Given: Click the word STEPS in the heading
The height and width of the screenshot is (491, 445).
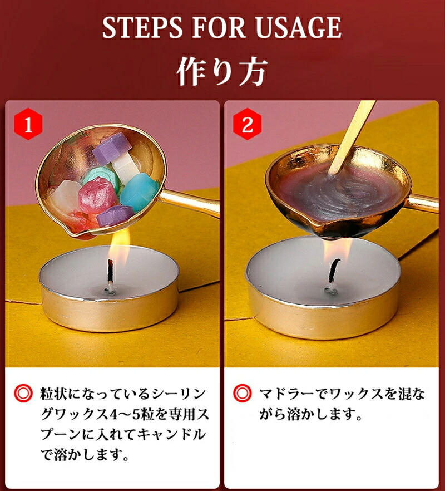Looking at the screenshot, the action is [143, 28].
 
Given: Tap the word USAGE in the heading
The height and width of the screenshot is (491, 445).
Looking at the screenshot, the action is [298, 28].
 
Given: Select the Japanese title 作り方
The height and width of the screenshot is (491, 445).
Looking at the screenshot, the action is [222, 71].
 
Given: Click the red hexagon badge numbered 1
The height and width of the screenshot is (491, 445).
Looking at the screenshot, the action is [28, 124].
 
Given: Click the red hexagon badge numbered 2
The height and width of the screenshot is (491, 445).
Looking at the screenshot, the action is [247, 124].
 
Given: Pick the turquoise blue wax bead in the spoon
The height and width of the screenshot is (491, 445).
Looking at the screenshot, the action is [139, 192].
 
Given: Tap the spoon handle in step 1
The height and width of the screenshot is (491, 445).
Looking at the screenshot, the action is [189, 202].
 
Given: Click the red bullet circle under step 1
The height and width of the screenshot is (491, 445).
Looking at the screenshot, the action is [23, 393].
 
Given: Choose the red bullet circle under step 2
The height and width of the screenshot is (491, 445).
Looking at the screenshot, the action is [242, 393].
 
